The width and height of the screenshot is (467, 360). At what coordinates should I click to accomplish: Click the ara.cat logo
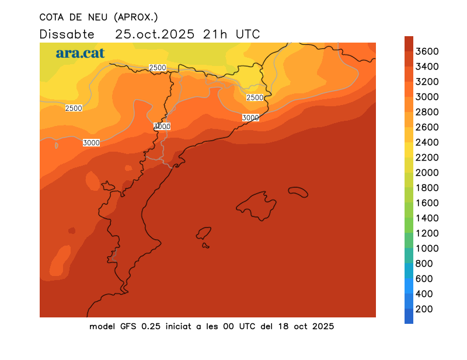[x=80, y=53]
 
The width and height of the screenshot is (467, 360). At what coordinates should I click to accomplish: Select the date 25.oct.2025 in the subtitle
[x=155, y=34]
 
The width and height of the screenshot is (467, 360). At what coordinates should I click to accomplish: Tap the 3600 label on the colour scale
[x=427, y=51]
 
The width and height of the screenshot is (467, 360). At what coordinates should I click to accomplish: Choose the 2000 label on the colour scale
[x=427, y=173]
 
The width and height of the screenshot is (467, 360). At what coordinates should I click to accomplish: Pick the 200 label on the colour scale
[x=424, y=309]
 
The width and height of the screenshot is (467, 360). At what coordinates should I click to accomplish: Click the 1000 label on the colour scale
[x=427, y=249]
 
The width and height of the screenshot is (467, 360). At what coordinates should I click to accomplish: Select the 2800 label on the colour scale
[x=427, y=112]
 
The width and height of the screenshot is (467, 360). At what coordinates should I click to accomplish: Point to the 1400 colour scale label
[x=427, y=218]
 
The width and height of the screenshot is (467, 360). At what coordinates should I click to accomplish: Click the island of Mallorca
[x=257, y=205]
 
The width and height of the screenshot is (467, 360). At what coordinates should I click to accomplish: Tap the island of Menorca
[x=298, y=191]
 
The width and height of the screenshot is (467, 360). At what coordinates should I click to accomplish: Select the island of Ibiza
[x=204, y=233]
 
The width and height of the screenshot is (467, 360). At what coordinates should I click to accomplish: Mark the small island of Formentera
[x=206, y=246]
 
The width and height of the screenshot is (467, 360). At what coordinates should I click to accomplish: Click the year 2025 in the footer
[x=322, y=326]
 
